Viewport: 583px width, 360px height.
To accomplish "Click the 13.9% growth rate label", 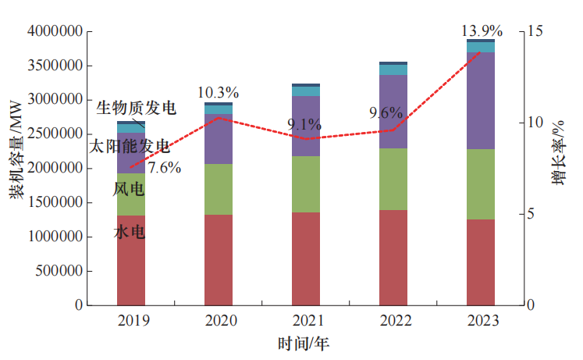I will [482, 32].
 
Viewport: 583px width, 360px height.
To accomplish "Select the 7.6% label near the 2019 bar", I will [164, 166].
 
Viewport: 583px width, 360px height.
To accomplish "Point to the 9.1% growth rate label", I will [304, 124].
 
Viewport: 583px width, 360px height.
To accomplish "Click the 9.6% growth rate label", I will [386, 113].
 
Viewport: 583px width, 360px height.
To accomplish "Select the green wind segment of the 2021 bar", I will [305, 184].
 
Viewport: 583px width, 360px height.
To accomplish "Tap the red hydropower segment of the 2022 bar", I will [393, 258].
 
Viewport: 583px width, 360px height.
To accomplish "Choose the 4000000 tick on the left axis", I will [55, 32].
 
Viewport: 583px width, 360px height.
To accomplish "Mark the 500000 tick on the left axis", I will [59, 271].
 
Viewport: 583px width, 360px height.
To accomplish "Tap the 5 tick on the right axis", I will [531, 214].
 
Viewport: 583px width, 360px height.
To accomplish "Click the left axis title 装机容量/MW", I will [16, 157].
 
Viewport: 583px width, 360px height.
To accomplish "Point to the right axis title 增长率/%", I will [559, 156].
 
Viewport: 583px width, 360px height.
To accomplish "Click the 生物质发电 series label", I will [136, 108].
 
